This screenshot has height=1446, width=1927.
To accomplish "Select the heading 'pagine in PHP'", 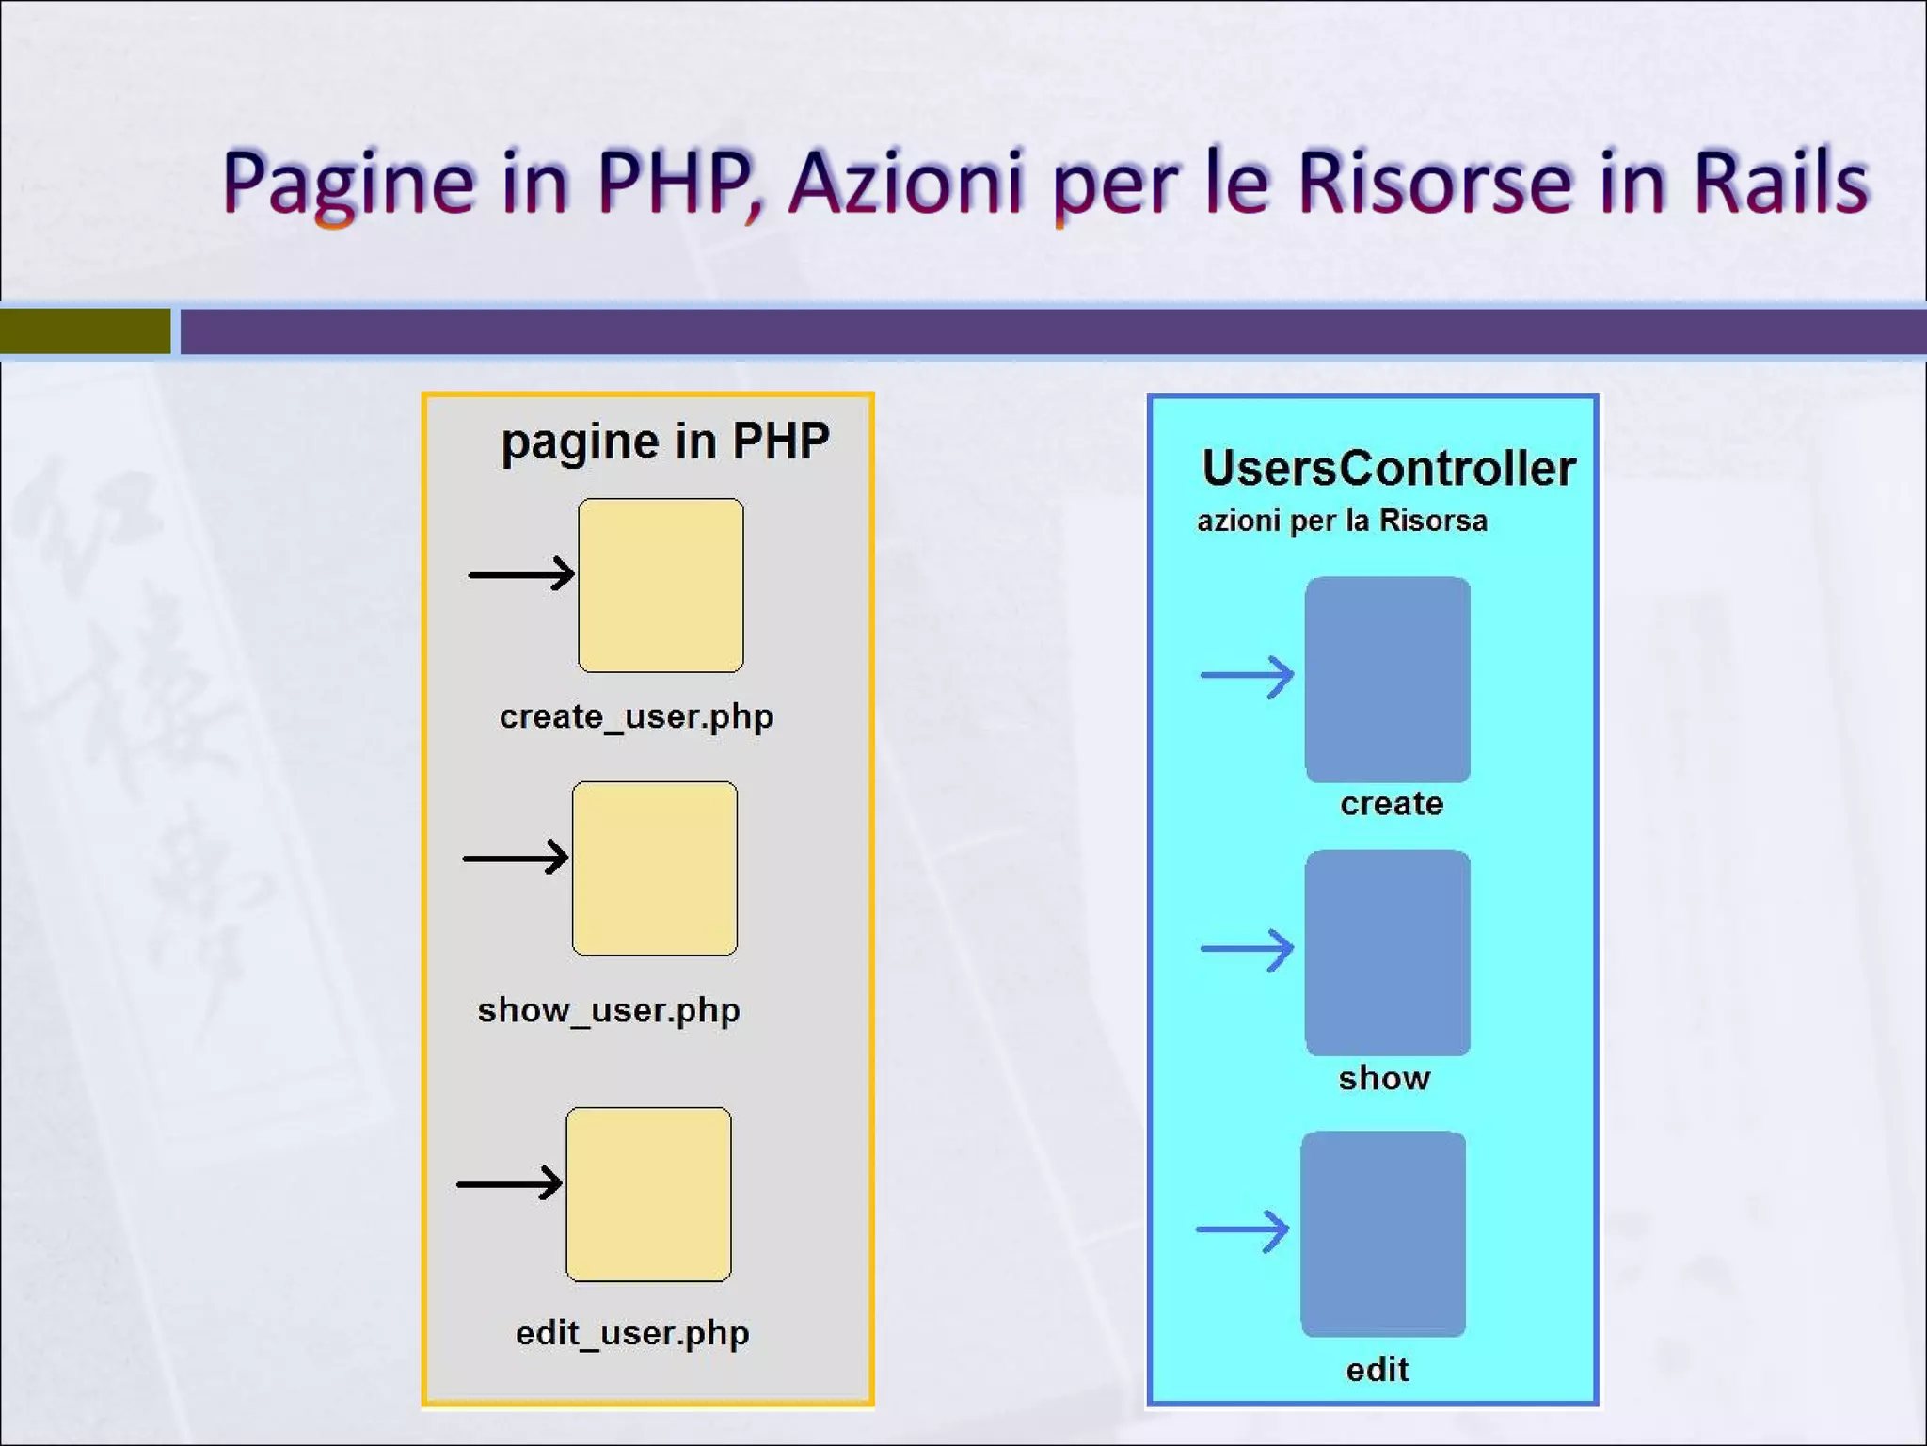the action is pos(664,442).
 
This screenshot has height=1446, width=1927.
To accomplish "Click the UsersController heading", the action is pos(1388,468).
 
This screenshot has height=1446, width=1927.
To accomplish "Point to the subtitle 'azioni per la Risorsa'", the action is pos(1342,521).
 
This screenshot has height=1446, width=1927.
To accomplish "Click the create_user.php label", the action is pos(636,717).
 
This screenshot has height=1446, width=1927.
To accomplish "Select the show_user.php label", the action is pos(608,1011).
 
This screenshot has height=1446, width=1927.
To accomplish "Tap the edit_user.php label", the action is pos(632,1334).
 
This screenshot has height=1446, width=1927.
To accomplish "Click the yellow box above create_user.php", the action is pos(661,586).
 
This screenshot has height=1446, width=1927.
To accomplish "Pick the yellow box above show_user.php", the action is pos(655,868).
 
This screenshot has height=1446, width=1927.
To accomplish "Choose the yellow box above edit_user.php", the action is pos(648,1194).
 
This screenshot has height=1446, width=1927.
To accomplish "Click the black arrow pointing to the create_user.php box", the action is pos(521,573).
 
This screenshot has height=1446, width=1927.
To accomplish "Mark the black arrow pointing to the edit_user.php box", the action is pos(509,1183).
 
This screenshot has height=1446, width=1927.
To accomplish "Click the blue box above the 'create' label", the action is pos(1387,679).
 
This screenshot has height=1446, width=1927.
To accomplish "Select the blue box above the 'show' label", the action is pos(1387,952).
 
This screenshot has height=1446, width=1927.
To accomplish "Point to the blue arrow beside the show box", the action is pos(1247,949).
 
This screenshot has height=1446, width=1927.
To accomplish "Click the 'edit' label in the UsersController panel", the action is pos(1378,1370).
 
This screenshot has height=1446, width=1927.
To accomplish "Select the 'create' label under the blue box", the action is pos(1392,804).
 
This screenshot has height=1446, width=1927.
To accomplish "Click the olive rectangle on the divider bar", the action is pos(86,331).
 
